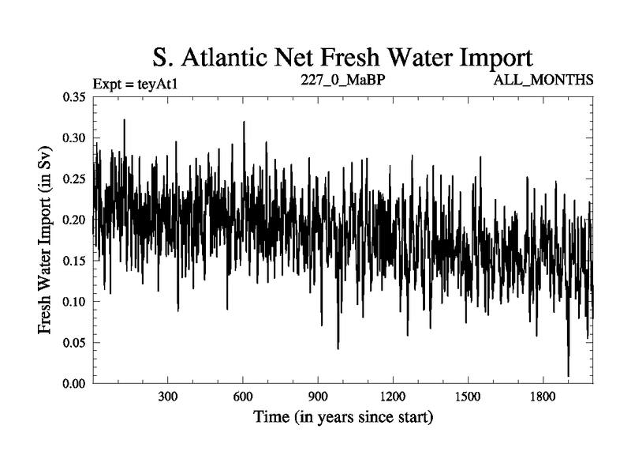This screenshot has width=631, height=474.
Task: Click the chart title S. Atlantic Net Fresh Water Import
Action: [x=343, y=57]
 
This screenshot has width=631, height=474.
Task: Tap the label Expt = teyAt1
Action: [x=132, y=82]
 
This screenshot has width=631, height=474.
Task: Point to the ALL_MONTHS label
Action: [x=543, y=81]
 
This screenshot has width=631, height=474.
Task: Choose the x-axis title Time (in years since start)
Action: [x=343, y=416]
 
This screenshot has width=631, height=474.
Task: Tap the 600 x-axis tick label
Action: [x=243, y=395]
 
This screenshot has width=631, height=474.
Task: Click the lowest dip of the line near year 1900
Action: [x=568, y=376]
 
